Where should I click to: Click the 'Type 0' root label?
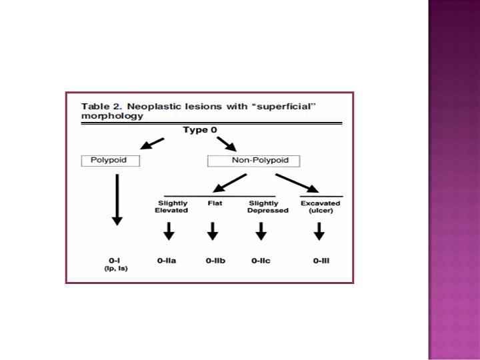tap(200, 130)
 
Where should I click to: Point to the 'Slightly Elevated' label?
tap(171, 207)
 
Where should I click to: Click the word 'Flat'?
tap(215, 203)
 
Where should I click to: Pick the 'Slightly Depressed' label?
tap(268, 207)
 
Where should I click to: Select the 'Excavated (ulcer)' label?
tap(321, 207)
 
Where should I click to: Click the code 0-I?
tap(114, 261)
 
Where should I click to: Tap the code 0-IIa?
tap(167, 261)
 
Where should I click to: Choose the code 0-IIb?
tap(215, 261)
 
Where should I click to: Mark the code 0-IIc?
tap(261, 261)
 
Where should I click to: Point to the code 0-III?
tap(321, 261)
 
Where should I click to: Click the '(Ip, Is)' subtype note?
tap(116, 269)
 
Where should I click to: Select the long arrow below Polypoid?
tap(117, 199)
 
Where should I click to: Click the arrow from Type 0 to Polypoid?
tap(152, 143)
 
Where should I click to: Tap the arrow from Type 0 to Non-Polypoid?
tap(227, 144)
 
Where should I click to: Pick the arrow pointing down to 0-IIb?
tap(213, 231)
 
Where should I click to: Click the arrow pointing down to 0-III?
tap(319, 231)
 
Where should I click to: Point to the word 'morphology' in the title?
tap(112, 116)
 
